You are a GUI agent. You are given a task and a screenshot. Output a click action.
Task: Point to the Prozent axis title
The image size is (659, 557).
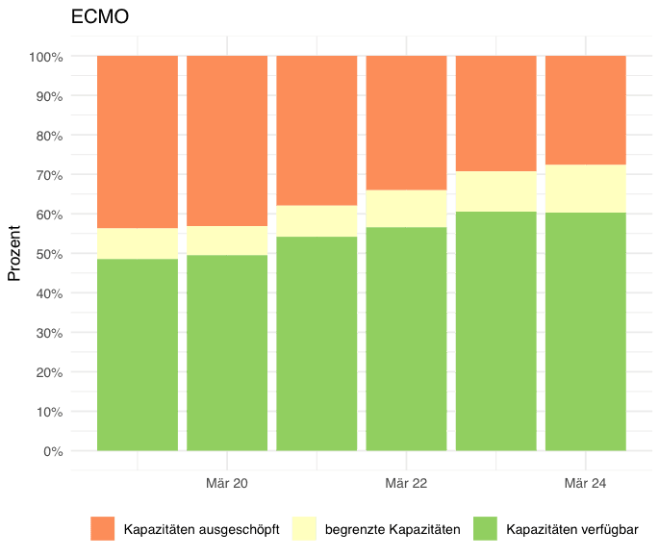[14, 252]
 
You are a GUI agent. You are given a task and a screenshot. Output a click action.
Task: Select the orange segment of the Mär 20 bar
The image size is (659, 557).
[227, 140]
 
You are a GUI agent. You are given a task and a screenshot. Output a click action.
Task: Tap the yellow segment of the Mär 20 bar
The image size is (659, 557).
[227, 241]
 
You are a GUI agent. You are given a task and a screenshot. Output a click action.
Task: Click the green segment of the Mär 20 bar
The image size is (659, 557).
[227, 352]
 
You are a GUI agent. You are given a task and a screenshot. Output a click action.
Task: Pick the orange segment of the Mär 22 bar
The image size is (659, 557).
[406, 123]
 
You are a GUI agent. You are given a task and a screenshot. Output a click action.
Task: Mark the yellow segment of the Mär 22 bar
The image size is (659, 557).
[406, 209]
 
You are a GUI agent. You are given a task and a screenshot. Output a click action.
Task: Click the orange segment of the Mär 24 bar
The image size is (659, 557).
[586, 110]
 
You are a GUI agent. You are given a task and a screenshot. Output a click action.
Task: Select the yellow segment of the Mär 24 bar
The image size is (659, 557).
[586, 189]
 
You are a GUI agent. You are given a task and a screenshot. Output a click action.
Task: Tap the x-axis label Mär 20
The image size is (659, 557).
[227, 482]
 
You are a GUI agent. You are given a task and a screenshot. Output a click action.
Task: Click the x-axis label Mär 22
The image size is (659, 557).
[406, 482]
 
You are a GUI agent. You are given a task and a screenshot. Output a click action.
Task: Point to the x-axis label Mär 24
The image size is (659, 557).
[586, 482]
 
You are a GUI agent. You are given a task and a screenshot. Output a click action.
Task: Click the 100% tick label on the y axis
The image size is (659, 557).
[46, 57]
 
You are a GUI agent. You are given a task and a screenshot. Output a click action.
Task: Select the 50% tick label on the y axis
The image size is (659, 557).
[49, 254]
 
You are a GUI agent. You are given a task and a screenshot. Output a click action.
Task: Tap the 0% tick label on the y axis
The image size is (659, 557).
[53, 450]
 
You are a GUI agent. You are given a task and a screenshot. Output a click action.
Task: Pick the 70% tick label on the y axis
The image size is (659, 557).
[49, 175]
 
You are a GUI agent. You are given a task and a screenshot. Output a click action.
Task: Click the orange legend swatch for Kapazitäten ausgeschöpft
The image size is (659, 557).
[102, 528]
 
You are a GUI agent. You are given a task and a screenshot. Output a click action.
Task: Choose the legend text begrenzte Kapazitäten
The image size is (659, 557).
[393, 529]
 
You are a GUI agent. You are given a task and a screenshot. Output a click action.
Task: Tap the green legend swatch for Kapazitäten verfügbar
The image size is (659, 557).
[486, 528]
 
